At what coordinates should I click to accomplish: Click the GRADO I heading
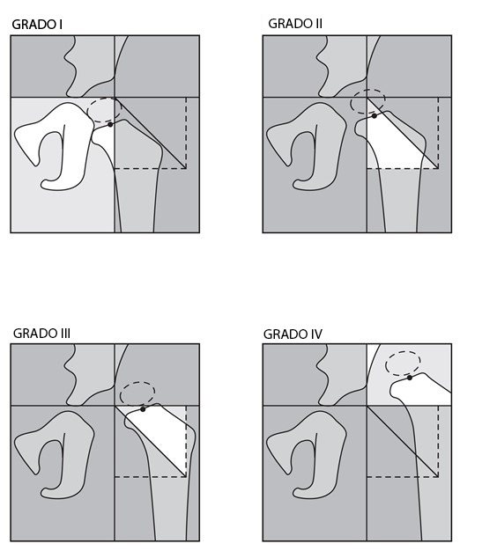coord(37,25)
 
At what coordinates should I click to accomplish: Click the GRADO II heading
coord(295,24)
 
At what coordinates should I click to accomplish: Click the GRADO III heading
coord(42,333)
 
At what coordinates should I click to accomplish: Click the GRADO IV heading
coord(293,334)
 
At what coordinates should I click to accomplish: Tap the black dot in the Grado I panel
coord(110,124)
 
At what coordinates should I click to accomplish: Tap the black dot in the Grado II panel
coord(374,115)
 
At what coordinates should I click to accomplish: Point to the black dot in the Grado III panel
coord(143,409)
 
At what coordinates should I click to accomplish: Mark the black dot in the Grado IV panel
coord(410,378)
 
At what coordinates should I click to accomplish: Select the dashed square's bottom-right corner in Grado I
coord(186,169)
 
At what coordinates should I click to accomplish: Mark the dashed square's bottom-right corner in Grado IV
coord(438,477)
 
